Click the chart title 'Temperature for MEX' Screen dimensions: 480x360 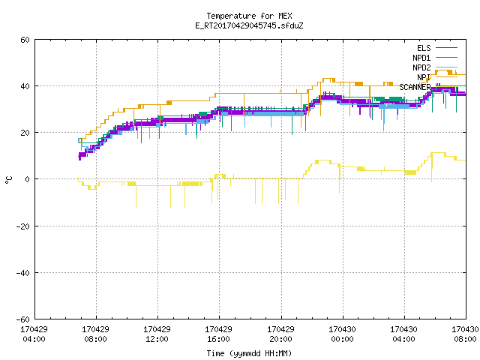[249, 16]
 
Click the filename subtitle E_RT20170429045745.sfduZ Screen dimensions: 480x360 [249, 25]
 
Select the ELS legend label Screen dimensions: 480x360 [424, 48]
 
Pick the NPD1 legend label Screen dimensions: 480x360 [421, 58]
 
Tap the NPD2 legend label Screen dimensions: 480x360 [421, 67]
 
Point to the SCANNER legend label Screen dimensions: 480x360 [415, 87]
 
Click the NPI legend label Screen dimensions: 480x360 [424, 77]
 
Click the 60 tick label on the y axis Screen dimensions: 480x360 [25, 40]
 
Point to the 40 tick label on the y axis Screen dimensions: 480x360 [25, 86]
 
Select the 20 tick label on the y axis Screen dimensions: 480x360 [25, 133]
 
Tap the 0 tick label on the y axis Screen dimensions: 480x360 [28, 179]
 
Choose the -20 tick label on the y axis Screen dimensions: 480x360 [23, 226]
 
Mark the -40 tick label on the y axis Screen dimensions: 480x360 [23, 273]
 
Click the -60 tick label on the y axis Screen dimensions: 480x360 [23, 319]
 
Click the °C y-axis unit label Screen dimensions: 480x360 [8, 180]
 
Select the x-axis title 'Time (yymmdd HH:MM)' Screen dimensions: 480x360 [249, 353]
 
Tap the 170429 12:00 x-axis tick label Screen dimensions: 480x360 [157, 334]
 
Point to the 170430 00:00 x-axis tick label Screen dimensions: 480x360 [342, 334]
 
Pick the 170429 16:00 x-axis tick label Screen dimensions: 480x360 [218, 334]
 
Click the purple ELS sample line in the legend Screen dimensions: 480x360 [447, 48]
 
